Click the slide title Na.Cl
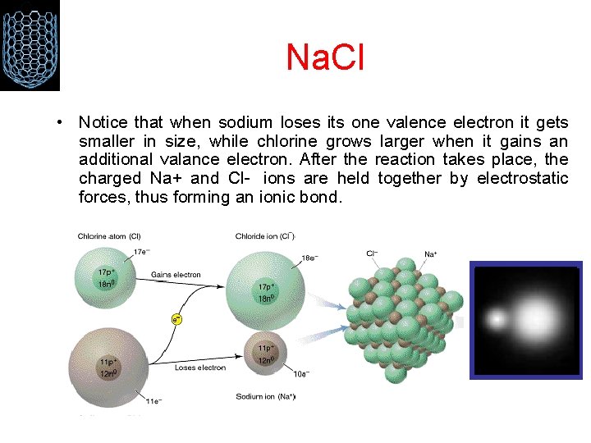click(324, 57)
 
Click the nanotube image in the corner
click(30, 44)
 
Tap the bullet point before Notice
click(62, 123)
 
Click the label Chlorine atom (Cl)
click(113, 236)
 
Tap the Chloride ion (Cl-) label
click(264, 236)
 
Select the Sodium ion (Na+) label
click(265, 397)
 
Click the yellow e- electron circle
click(176, 318)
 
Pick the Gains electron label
click(176, 274)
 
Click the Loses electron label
click(199, 368)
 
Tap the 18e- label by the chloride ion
click(309, 258)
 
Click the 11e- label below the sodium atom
click(153, 402)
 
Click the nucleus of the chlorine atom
click(107, 276)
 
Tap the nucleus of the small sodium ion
click(268, 354)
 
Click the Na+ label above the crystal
click(430, 253)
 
